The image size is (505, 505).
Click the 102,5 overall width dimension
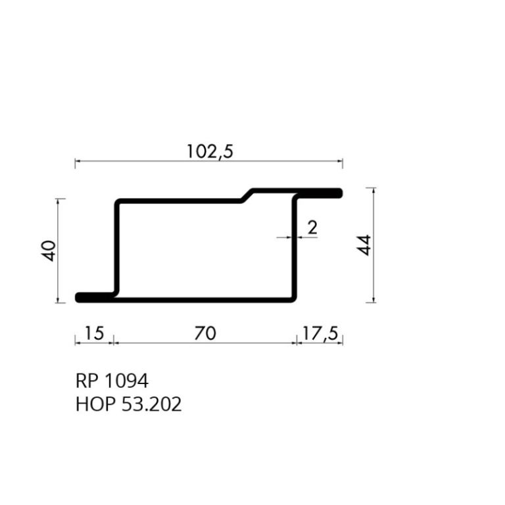[x=210, y=152]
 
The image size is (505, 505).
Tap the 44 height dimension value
[x=366, y=245]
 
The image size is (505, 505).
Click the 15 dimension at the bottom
[x=95, y=333]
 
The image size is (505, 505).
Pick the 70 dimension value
[x=205, y=333]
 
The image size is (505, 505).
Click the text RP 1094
[x=112, y=381]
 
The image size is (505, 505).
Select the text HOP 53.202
[x=128, y=404]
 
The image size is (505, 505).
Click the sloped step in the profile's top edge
[x=248, y=195]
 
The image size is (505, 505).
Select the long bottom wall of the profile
[x=204, y=299]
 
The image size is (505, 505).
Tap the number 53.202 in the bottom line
[x=151, y=404]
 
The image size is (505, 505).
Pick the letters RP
[x=86, y=381]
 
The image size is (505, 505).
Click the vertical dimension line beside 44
[x=374, y=245]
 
